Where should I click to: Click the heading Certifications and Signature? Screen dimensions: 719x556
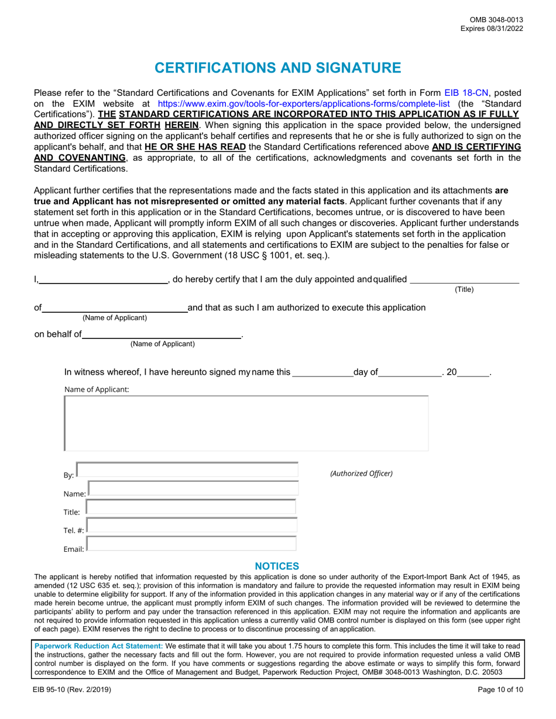tap(278, 68)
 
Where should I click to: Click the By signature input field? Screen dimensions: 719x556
tap(187, 471)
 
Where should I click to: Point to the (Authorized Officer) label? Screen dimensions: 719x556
tap(362, 473)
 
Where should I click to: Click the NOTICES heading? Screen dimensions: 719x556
tap(277, 566)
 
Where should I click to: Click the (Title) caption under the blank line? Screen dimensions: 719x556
tap(464, 289)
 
